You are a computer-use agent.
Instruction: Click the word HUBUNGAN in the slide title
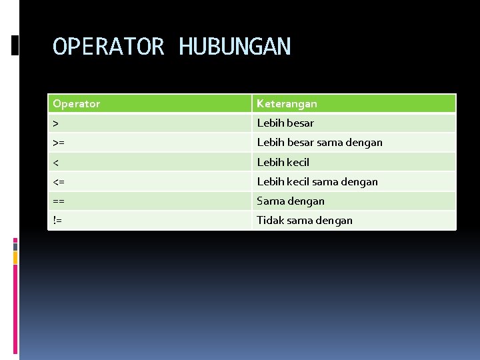tap(235, 47)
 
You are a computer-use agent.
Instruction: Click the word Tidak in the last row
tap(270, 220)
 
